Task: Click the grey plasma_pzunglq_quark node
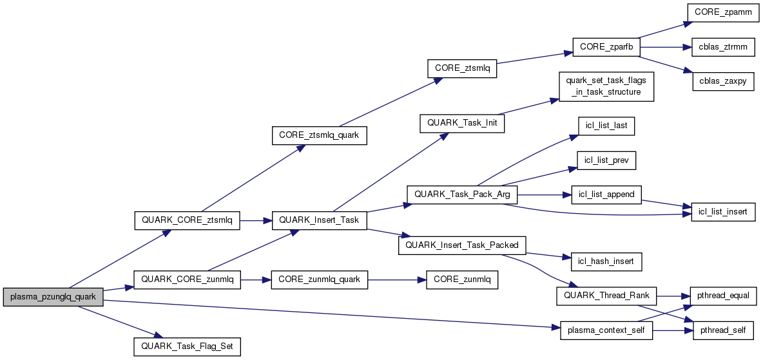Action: click(53, 297)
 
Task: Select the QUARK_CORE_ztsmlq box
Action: click(187, 221)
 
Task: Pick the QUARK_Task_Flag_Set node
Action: click(187, 346)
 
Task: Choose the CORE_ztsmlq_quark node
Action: click(319, 135)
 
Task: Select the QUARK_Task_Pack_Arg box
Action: click(462, 194)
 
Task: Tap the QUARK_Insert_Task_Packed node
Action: click(462, 245)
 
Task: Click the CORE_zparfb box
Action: click(606, 47)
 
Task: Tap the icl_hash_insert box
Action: click(606, 261)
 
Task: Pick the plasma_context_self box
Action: click(606, 330)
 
